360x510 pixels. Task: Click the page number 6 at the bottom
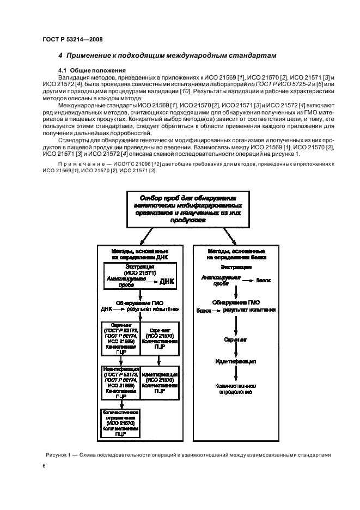pos(44,466)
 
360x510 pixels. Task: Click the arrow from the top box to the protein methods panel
pos(229,235)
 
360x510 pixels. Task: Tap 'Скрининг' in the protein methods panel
pos(236,338)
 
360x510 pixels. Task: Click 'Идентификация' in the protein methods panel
pos(236,361)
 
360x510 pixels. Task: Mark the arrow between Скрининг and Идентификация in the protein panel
pos(236,350)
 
